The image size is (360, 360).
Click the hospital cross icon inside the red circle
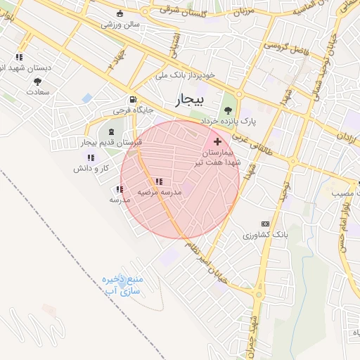point(217,141)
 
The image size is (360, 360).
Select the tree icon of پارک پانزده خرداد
point(227,108)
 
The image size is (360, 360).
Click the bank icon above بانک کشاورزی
point(264,223)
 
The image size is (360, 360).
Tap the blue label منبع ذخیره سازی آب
point(122,285)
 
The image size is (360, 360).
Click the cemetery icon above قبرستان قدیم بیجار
point(112,132)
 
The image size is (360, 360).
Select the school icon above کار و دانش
point(91,157)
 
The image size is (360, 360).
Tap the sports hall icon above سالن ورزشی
point(120,13)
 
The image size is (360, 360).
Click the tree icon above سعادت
point(37,82)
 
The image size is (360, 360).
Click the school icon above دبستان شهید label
point(19,56)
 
